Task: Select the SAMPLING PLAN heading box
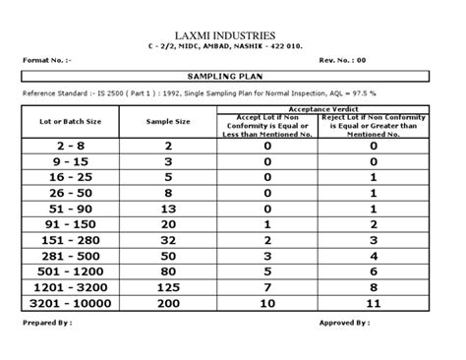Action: (232, 75)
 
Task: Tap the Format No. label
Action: (47, 59)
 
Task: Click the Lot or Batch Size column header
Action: (70, 121)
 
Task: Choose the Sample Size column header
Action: (168, 121)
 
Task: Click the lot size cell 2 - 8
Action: (70, 146)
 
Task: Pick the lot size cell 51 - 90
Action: (70, 209)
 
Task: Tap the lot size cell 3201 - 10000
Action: (70, 305)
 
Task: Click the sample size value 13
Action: (168, 209)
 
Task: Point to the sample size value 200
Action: (168, 305)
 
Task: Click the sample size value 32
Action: (168, 241)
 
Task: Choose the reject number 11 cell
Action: (374, 305)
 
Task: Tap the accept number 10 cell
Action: (267, 305)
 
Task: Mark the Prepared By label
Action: (48, 322)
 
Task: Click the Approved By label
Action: (344, 322)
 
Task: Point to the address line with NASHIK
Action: (234, 46)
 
